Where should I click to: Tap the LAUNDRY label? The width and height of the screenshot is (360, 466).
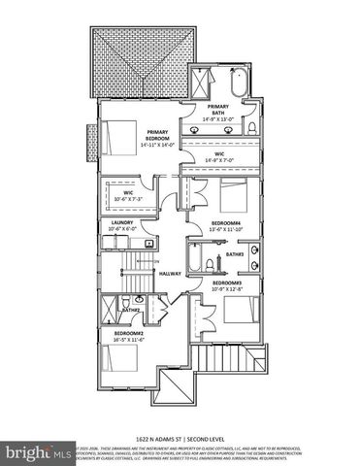point(122,223)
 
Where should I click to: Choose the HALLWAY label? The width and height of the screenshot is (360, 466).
point(171,273)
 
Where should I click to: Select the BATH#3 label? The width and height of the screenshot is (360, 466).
point(234,253)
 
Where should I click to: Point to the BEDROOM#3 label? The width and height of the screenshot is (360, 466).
point(226,283)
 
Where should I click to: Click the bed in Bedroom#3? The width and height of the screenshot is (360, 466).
point(239,312)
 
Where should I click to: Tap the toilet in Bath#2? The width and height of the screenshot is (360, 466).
point(126,301)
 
